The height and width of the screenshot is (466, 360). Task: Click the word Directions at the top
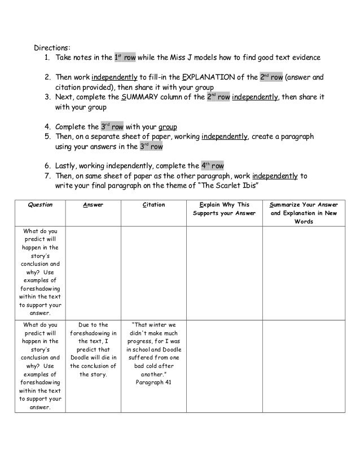(x=54, y=47)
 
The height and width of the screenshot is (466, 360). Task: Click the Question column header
(x=40, y=205)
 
